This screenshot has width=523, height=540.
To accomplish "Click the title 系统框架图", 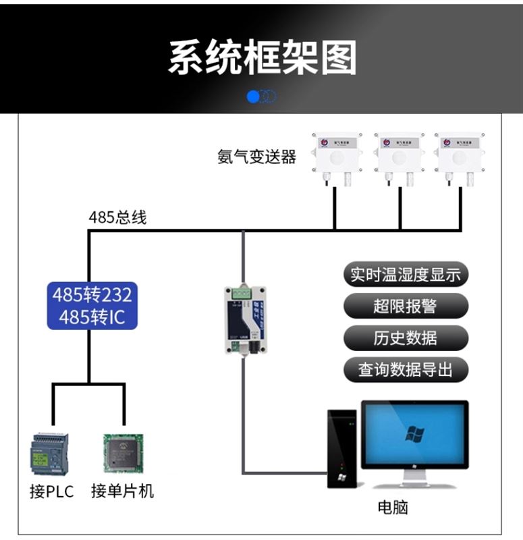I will click(262, 58).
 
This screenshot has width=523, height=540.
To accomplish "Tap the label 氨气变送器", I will click(256, 157).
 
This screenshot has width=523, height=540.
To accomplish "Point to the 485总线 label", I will click(117, 218).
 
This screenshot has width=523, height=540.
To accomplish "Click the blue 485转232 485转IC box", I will click(92, 306).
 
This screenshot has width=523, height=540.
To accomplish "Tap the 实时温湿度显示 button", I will click(406, 275).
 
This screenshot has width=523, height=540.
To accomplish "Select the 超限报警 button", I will click(406, 306).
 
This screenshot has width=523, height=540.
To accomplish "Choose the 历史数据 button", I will click(406, 337).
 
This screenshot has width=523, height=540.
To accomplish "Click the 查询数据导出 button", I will click(406, 369).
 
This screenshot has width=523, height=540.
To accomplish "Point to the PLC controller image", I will click(50, 453).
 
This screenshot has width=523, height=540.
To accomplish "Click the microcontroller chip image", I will click(123, 453).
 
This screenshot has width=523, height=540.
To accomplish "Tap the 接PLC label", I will click(51, 491).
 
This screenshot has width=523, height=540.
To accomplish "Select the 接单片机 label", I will click(123, 491).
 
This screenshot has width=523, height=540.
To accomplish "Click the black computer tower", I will click(342, 448).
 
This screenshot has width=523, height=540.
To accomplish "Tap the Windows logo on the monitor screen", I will click(414, 433).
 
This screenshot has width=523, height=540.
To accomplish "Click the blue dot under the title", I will click(254, 97).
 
